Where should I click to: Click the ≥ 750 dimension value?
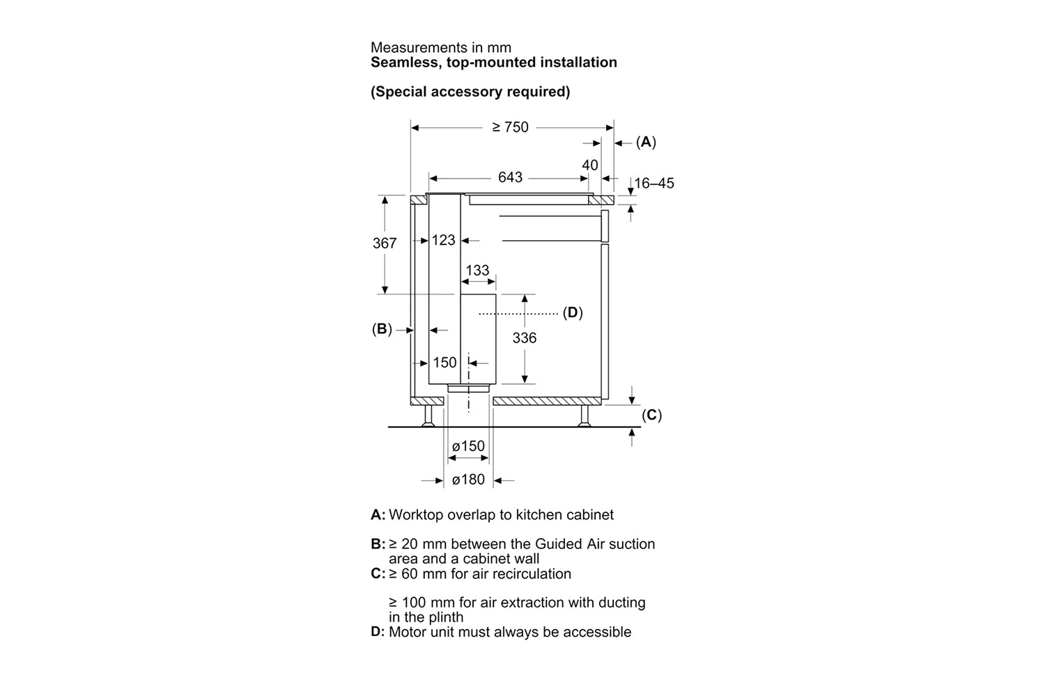pos(510,127)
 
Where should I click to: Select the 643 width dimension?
pos(510,177)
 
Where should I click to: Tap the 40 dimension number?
pos(589,165)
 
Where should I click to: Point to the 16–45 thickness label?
pos(654,183)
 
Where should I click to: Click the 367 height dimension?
pos(385,243)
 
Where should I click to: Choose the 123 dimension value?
pos(443,240)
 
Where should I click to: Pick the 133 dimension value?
pos(477,270)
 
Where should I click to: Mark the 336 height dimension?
pos(525,338)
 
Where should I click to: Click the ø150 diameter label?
pos(468,446)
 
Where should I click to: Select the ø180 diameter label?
pos(468,480)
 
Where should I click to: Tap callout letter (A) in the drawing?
pos(646,142)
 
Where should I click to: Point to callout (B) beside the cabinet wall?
pos(382,329)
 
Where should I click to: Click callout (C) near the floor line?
pos(651,415)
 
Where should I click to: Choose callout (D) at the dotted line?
pos(573,313)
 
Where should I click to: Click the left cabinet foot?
pos(428,416)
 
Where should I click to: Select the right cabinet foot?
pos(584,416)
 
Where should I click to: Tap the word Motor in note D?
pos(406,632)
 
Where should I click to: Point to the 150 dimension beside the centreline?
pos(444,363)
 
